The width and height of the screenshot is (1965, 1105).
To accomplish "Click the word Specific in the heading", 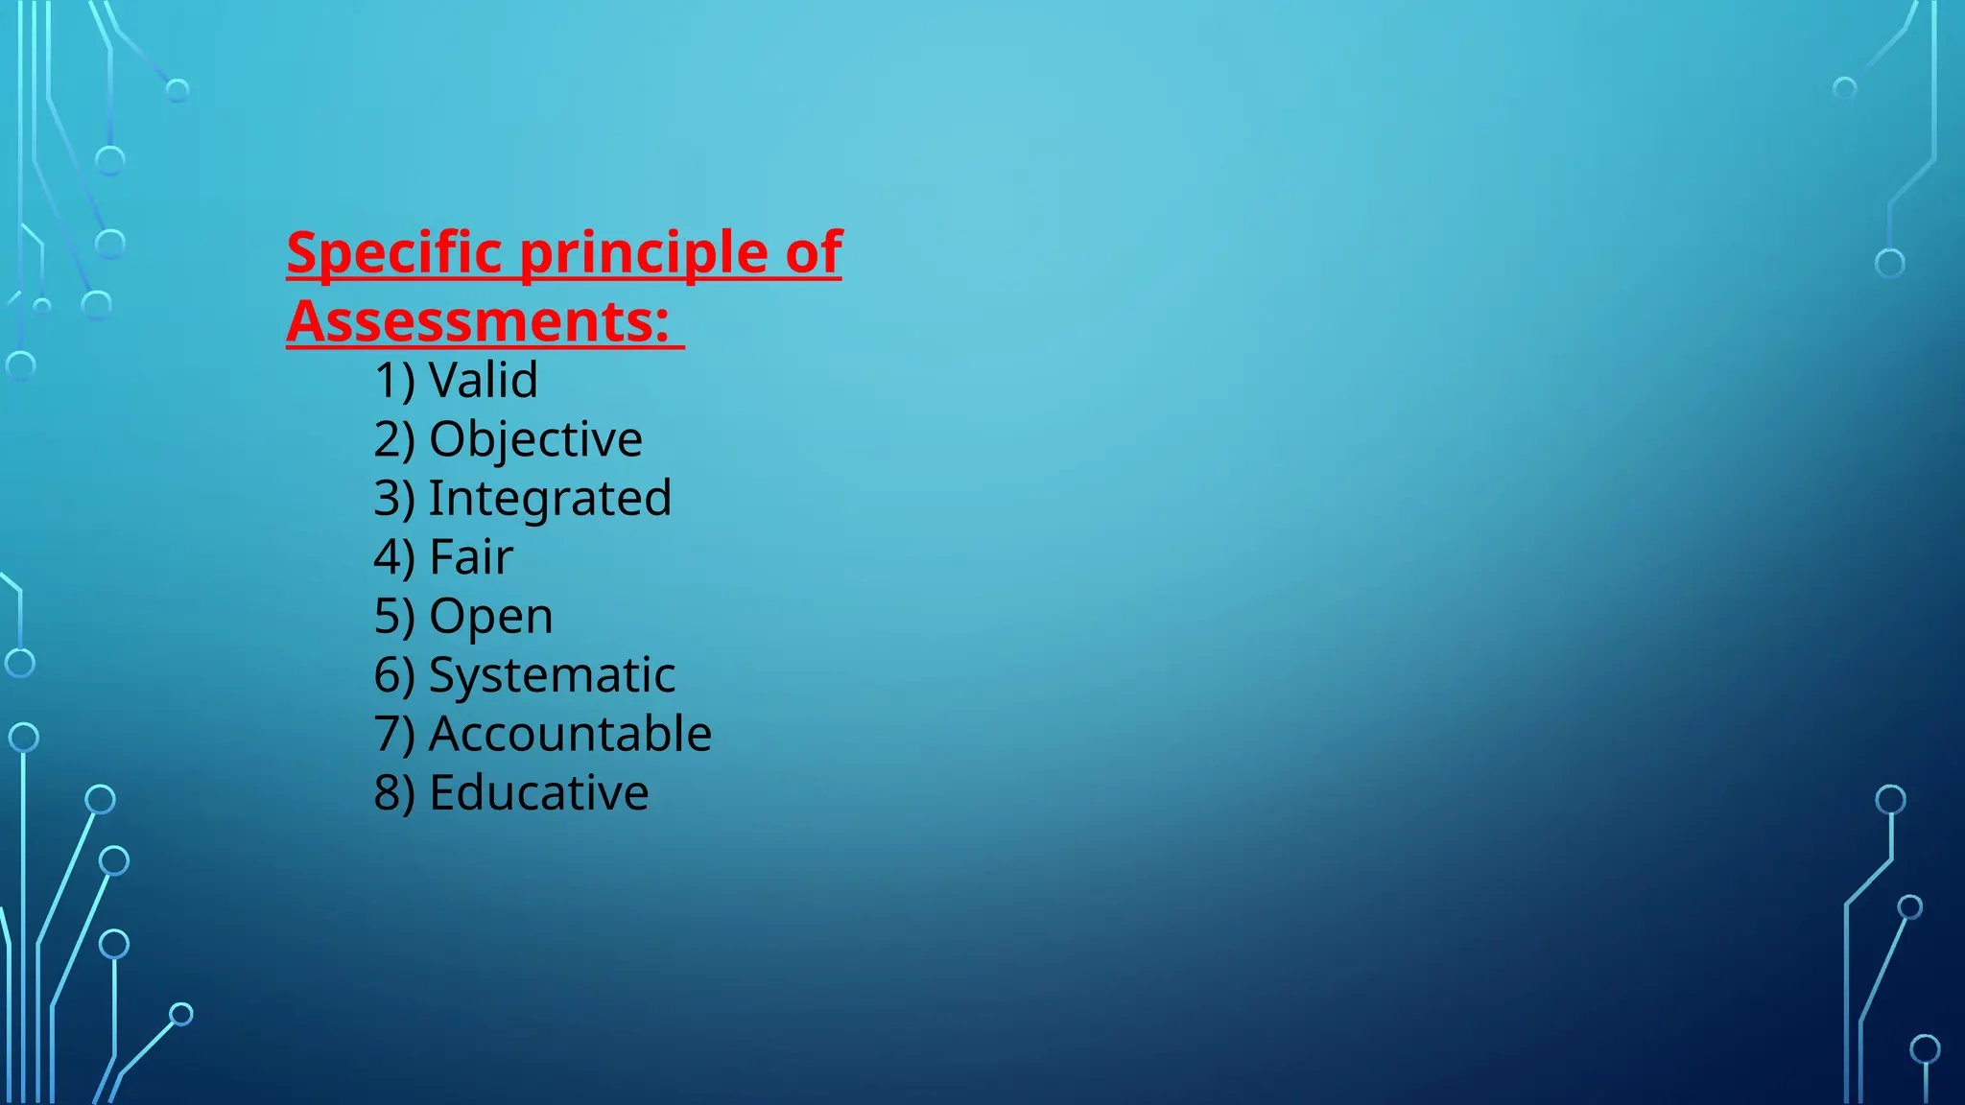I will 394,253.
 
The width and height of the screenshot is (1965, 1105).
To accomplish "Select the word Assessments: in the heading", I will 478,321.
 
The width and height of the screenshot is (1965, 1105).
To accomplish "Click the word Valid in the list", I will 484,380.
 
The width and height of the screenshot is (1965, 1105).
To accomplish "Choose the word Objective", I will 535,439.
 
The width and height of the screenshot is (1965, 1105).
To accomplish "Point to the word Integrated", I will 550,498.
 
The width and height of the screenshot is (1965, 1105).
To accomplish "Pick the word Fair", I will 471,557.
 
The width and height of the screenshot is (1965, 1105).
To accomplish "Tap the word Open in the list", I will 491,616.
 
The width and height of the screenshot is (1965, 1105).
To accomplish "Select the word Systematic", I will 552,675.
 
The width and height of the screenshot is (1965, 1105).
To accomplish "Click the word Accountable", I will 570,734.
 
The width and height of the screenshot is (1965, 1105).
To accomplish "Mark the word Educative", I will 538,793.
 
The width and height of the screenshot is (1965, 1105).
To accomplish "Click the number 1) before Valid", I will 394,381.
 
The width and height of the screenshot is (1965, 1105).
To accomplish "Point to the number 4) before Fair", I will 394,558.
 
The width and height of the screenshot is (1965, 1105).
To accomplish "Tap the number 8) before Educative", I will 394,794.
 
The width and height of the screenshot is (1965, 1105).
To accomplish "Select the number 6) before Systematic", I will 394,676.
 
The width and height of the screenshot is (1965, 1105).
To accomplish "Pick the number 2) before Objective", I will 394,440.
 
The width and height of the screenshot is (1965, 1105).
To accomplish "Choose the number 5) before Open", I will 394,617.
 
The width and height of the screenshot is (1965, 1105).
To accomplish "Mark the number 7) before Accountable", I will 394,735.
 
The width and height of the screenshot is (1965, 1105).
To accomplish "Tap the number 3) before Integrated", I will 394,499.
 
